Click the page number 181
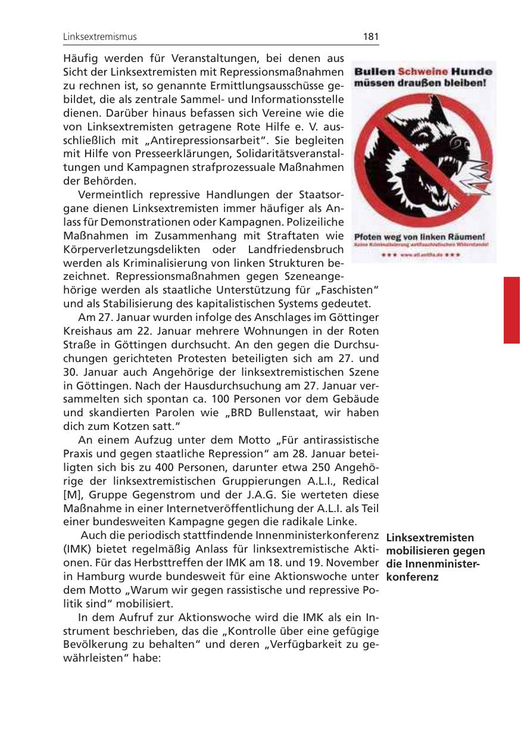click(371, 37)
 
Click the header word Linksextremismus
click(100, 37)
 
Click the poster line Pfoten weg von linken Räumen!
click(420, 236)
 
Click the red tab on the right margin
click(511, 310)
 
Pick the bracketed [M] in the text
click(71, 494)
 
